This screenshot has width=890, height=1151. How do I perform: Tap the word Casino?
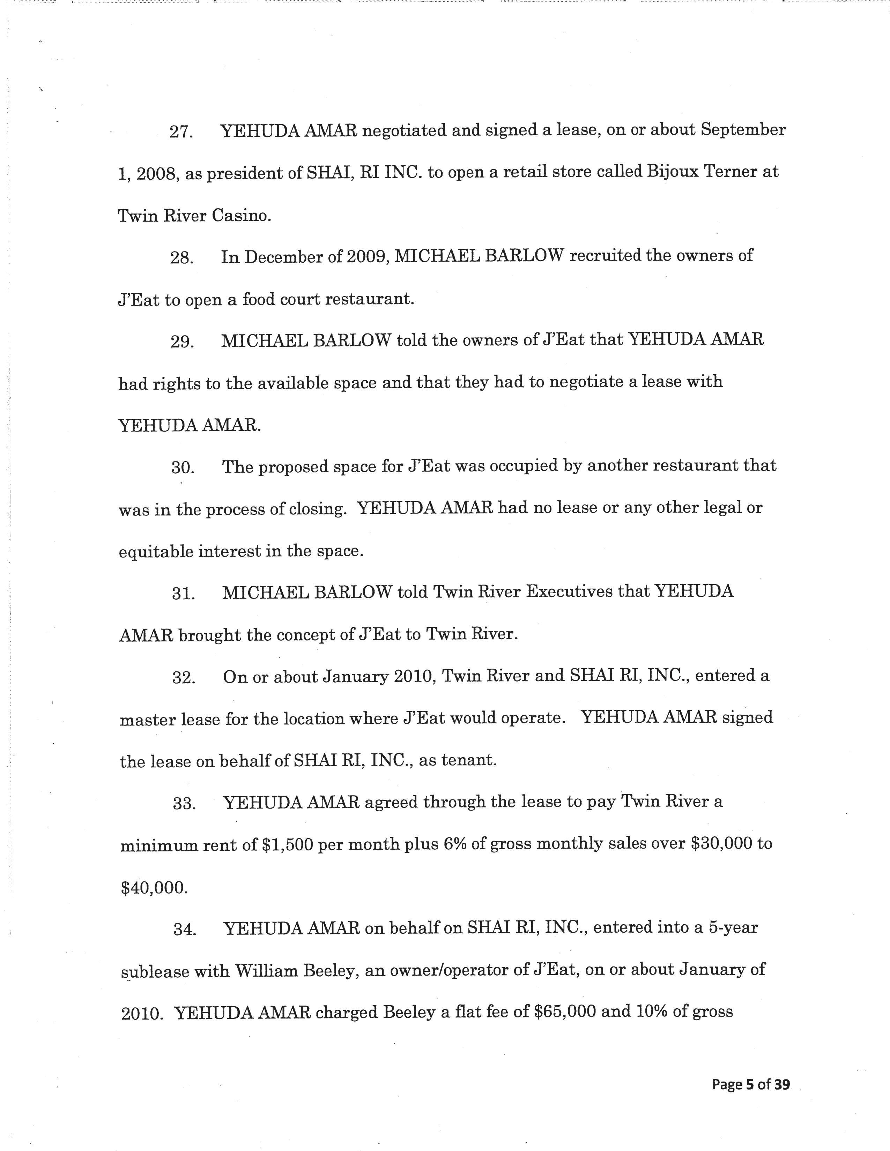pyautogui.click(x=242, y=216)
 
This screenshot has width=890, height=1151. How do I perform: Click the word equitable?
pyautogui.click(x=156, y=552)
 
